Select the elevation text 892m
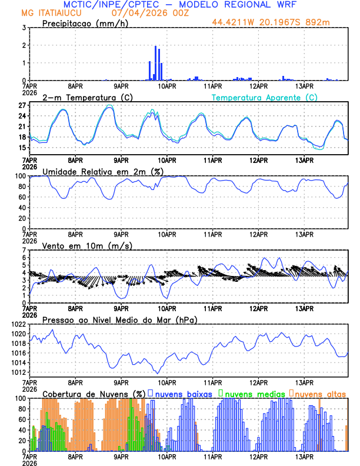coord(336,23)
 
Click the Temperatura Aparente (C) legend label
coord(264,97)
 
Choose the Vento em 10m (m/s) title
coord(86,245)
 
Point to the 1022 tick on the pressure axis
coord(18,324)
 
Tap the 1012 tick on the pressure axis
coord(18,372)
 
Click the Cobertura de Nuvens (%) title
coord(94,393)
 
